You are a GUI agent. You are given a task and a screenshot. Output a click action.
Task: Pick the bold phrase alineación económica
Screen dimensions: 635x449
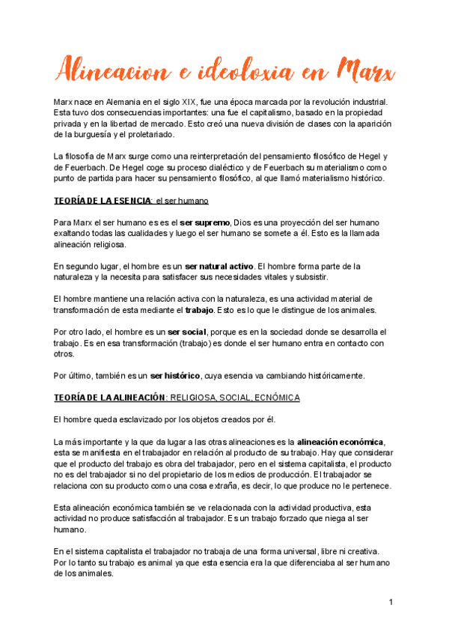pyautogui.click(x=340, y=441)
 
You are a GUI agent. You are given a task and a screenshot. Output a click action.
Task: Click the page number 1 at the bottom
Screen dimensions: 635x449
pyautogui.click(x=391, y=602)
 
